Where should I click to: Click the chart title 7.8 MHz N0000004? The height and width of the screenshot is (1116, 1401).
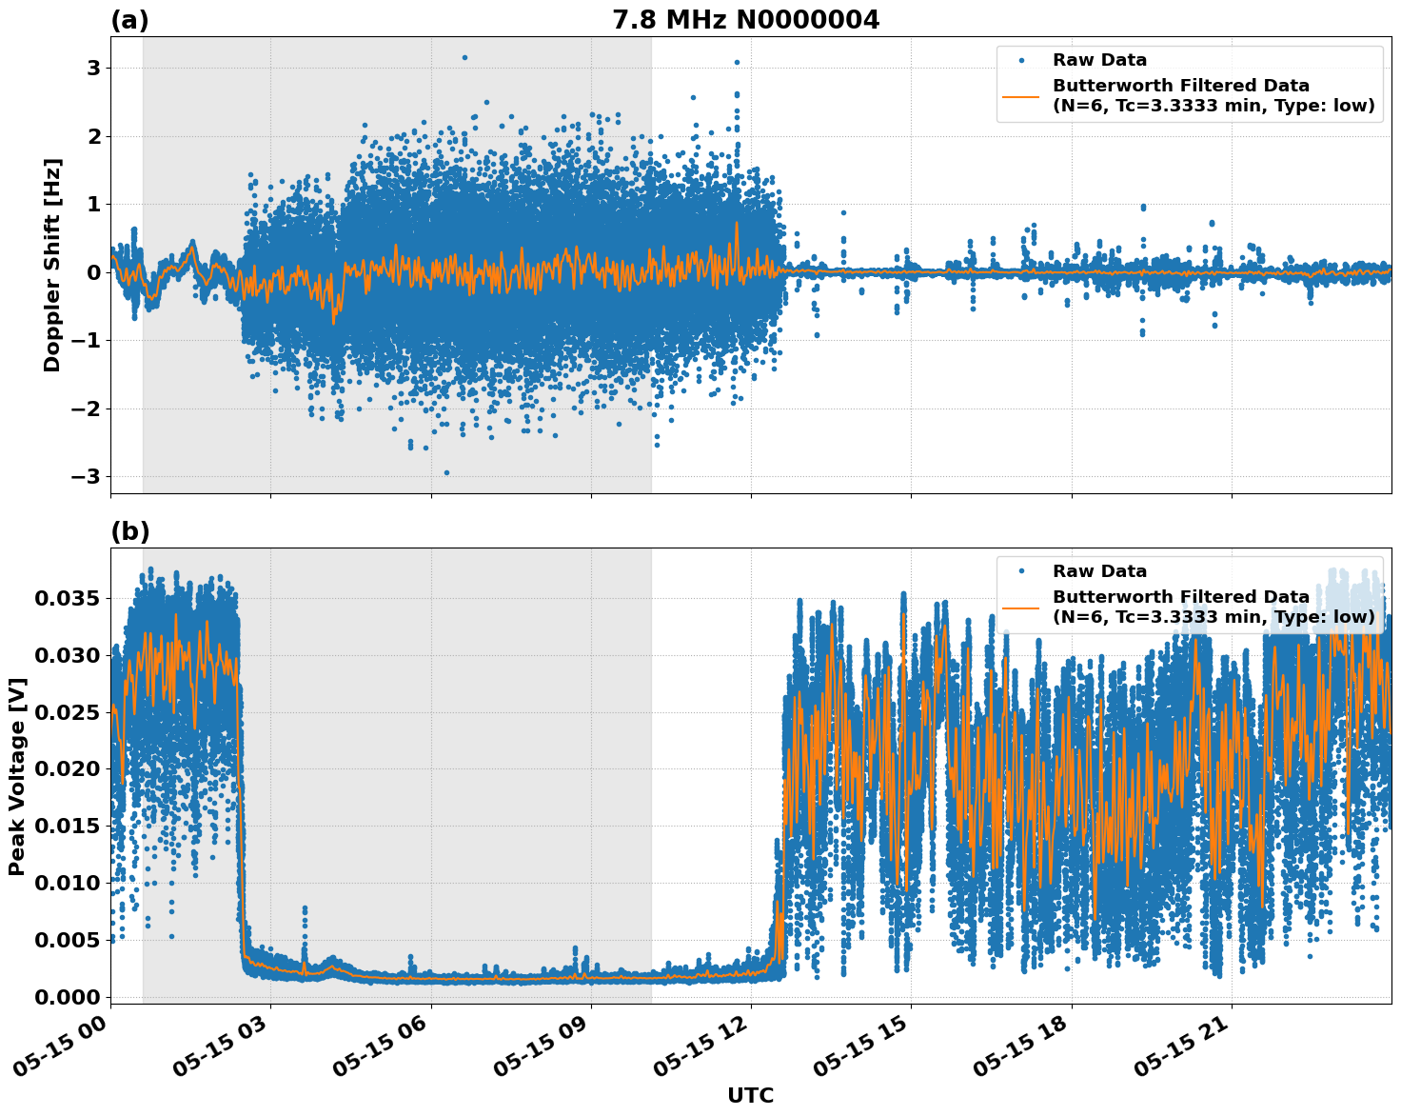(745, 20)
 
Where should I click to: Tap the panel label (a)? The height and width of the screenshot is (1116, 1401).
(129, 20)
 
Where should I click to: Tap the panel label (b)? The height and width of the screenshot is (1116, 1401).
(129, 531)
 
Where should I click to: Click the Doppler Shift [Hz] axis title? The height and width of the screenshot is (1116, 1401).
(52, 265)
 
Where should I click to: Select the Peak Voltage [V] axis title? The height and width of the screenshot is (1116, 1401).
(17, 776)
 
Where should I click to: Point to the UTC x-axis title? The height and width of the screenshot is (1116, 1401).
(750, 1095)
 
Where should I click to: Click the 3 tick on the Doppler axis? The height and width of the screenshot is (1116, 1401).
(94, 68)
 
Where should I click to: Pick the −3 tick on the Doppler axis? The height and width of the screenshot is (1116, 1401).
(88, 476)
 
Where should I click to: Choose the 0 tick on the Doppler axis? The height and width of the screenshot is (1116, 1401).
(94, 272)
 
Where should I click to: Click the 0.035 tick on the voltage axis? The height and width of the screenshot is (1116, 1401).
(65, 598)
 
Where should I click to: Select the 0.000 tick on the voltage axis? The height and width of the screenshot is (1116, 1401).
(65, 996)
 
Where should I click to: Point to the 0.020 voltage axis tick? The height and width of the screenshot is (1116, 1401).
(65, 768)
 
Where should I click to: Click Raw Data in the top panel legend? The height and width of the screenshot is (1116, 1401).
(1099, 60)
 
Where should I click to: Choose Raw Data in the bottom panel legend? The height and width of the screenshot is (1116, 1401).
(1099, 571)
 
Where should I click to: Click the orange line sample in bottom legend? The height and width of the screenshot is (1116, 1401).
(1022, 607)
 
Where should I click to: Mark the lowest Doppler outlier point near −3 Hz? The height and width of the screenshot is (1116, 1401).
(446, 472)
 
